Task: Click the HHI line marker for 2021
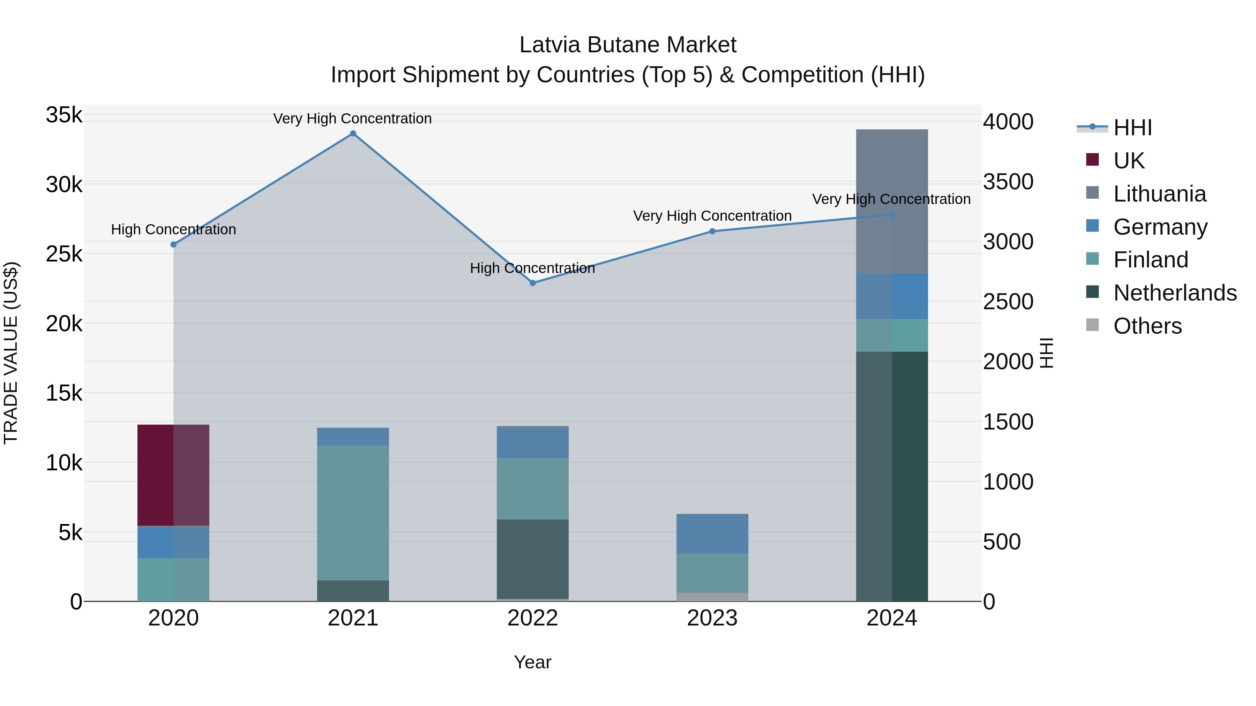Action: click(353, 134)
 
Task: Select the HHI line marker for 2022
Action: click(532, 283)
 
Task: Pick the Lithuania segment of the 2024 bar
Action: click(892, 201)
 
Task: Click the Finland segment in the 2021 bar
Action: click(353, 513)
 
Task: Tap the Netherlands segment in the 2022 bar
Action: click(532, 559)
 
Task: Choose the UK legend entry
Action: click(1128, 161)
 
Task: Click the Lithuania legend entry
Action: click(1159, 194)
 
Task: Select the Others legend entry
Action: click(1147, 326)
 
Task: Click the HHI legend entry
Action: click(1132, 128)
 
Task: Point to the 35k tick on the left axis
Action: click(64, 115)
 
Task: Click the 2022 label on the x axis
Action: click(532, 618)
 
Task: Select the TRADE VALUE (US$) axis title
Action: click(11, 353)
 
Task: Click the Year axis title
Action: click(532, 662)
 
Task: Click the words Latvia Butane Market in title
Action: click(628, 45)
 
